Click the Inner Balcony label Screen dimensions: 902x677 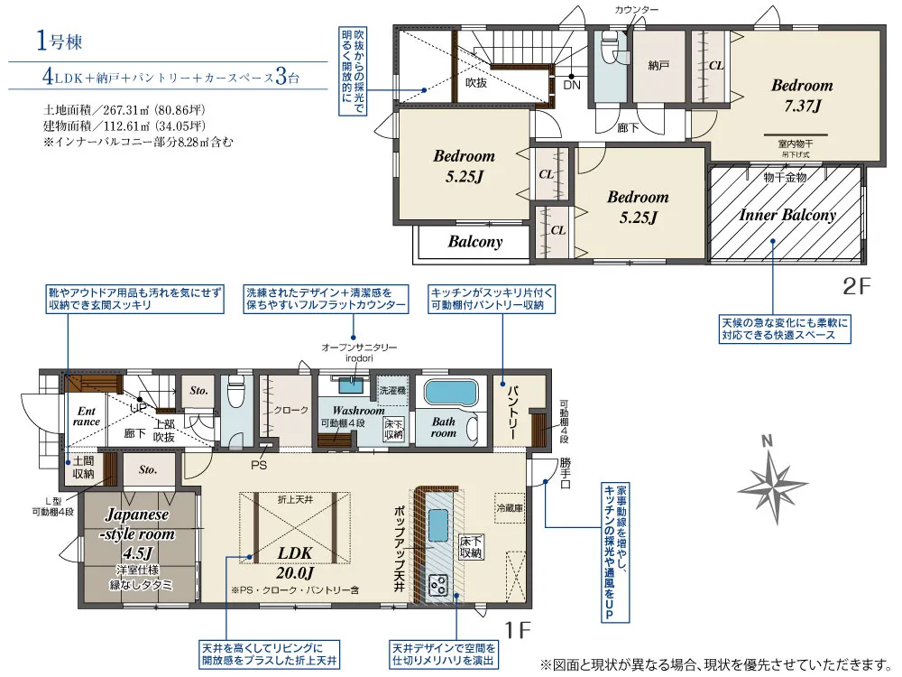click(787, 215)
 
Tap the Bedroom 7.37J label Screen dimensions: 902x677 click(802, 96)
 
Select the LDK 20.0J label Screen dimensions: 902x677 click(295, 562)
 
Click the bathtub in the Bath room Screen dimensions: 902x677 click(451, 393)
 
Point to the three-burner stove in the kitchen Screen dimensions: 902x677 click(439, 584)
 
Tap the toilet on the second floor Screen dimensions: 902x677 click(609, 49)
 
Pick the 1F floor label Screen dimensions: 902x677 click(517, 630)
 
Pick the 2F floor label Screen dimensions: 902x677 click(857, 286)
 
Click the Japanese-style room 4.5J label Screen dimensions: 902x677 click(137, 533)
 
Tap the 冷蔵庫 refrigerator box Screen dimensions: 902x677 click(510, 507)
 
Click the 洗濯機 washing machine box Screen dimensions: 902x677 click(392, 390)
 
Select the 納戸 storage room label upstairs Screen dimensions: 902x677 click(658, 66)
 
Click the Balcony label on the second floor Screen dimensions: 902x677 click(475, 242)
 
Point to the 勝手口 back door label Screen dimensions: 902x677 click(566, 473)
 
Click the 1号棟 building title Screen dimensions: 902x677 click(60, 42)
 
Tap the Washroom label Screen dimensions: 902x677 click(358, 411)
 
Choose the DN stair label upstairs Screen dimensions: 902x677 click(572, 85)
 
